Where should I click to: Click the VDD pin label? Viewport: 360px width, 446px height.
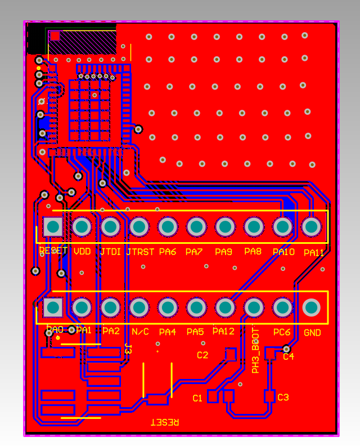click(x=82, y=252)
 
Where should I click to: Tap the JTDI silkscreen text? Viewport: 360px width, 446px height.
click(x=110, y=252)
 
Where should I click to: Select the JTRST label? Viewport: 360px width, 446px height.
click(x=140, y=252)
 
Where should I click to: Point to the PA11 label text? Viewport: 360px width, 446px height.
click(x=313, y=253)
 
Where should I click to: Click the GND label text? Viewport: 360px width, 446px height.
click(x=312, y=333)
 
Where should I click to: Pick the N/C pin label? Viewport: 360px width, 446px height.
click(x=140, y=332)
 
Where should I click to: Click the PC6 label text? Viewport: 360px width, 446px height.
click(x=282, y=332)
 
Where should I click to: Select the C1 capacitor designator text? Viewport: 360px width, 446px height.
click(x=197, y=398)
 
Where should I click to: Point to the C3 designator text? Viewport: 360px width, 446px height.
click(x=283, y=398)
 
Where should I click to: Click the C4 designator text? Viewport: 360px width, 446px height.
click(x=289, y=356)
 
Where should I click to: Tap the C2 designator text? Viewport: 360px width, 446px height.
click(x=202, y=355)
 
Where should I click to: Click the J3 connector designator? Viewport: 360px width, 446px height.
click(x=128, y=349)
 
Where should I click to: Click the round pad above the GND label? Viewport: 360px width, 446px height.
click(x=311, y=307)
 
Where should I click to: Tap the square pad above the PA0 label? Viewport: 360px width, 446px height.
click(x=53, y=307)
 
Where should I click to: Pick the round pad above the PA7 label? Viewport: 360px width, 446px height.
click(x=196, y=227)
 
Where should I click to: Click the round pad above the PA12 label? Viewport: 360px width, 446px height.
click(x=225, y=307)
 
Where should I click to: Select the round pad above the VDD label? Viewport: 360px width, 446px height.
click(x=82, y=227)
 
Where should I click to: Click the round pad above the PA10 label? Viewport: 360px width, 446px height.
click(x=282, y=227)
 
